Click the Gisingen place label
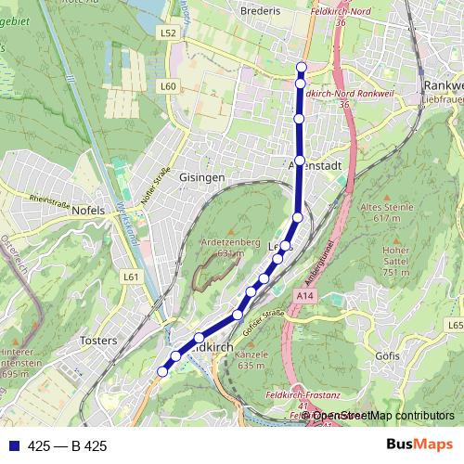click(x=201, y=176)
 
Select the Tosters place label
click(x=99, y=341)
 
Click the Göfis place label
click(x=388, y=355)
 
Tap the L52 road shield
click(x=168, y=32)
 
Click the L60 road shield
click(x=168, y=86)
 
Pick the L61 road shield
click(x=131, y=277)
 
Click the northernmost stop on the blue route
click(x=302, y=66)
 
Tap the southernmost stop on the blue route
click(x=161, y=371)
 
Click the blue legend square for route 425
click(x=13, y=446)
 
